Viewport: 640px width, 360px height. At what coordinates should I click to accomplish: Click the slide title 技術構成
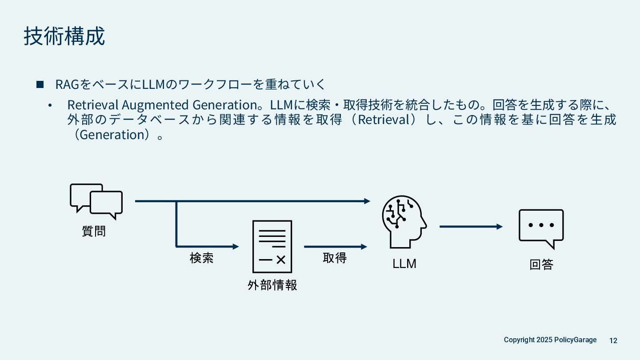(x=64, y=36)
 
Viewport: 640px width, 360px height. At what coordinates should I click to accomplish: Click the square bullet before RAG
(x=40, y=84)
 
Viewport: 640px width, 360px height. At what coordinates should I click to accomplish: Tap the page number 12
(x=613, y=340)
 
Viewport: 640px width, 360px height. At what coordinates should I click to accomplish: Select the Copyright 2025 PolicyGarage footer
(x=550, y=340)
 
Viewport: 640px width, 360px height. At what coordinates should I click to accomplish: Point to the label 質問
(x=94, y=231)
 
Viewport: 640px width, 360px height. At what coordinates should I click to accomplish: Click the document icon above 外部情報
(x=272, y=246)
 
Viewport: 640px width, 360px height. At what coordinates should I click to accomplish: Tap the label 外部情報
(x=272, y=285)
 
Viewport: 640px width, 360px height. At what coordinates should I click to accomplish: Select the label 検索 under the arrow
(x=202, y=258)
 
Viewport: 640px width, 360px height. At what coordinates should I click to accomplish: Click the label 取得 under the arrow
(x=335, y=258)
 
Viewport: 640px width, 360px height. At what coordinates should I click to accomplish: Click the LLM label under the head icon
(x=404, y=264)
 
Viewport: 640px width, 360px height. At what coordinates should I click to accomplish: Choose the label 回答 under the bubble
(x=541, y=265)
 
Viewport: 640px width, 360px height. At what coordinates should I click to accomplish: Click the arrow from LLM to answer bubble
(x=471, y=227)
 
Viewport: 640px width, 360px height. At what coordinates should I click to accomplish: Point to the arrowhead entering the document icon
(x=236, y=246)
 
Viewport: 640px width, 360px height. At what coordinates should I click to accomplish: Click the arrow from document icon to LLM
(x=336, y=247)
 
